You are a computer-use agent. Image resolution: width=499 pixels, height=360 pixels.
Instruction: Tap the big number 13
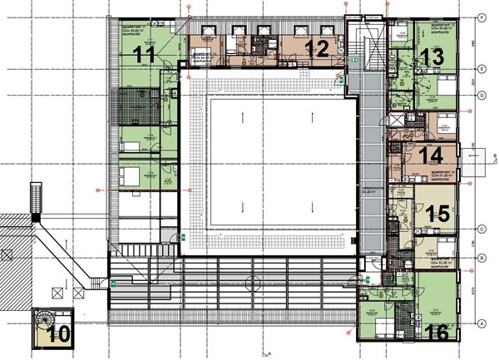[432, 57]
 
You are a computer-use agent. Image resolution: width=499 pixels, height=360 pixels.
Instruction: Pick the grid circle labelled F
[482, 17]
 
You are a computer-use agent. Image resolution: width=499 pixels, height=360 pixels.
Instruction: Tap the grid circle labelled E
[482, 69]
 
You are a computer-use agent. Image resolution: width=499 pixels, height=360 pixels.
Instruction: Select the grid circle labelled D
[482, 95]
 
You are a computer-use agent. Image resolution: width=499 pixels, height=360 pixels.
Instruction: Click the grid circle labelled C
[482, 228]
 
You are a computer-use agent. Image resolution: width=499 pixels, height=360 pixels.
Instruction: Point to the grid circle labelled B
[482, 259]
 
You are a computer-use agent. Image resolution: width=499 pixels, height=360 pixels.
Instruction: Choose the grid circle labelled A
[482, 323]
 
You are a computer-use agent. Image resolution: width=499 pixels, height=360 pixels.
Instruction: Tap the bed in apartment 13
[442, 84]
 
